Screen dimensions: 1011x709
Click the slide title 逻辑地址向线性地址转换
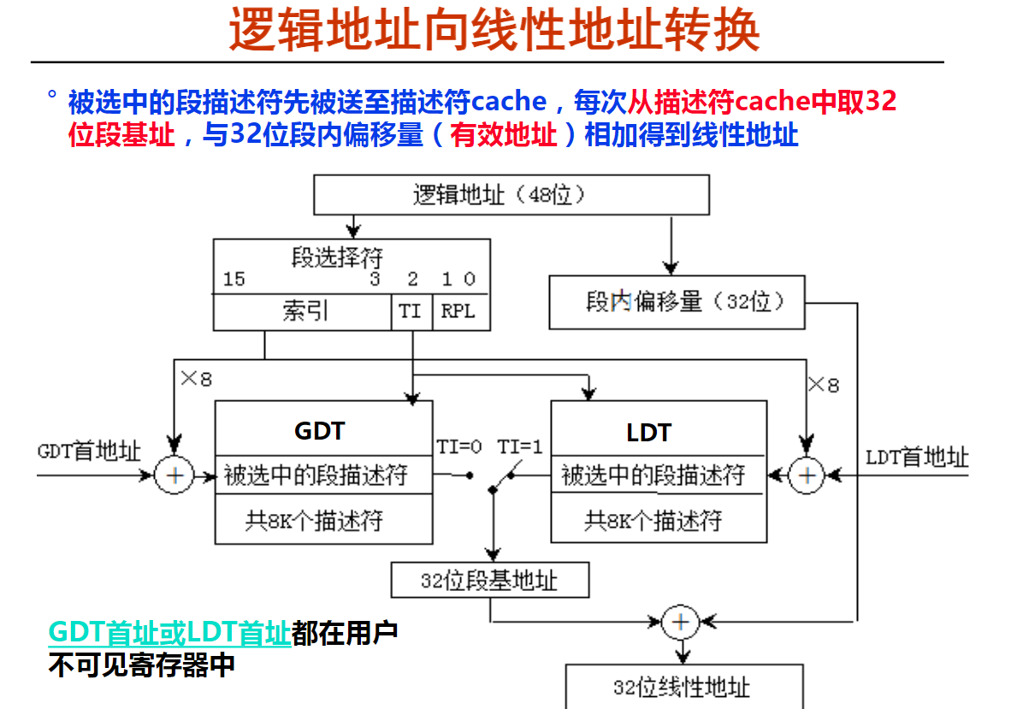[494, 30]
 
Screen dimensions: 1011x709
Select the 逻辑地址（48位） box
[511, 195]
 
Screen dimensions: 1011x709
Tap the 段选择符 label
[337, 257]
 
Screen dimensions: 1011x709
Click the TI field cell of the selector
[411, 313]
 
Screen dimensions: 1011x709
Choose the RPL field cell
[460, 313]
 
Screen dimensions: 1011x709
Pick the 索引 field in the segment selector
[303, 313]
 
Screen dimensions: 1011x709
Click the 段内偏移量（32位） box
[677, 302]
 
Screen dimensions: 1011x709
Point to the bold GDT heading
[320, 430]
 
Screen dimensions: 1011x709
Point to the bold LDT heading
[649, 433]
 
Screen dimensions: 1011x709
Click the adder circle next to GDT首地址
[174, 476]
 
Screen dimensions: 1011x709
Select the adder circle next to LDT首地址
[807, 476]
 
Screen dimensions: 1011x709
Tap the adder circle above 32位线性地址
[681, 622]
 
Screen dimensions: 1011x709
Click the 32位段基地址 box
[490, 580]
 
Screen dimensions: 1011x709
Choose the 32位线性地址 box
[684, 687]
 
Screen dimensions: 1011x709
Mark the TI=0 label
[459, 446]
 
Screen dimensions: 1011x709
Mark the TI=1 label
[520, 446]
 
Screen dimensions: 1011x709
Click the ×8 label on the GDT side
[196, 378]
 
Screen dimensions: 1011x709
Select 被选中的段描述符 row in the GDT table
[316, 476]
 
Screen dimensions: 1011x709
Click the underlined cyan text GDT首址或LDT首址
[169, 633]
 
